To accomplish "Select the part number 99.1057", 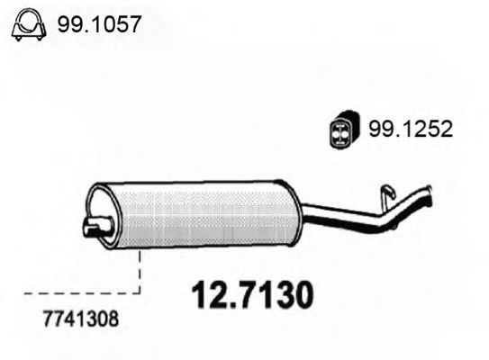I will [x=98, y=24].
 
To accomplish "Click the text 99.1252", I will [x=409, y=129].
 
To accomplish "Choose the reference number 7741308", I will [x=79, y=319].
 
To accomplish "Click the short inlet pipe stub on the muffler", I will [x=92, y=228].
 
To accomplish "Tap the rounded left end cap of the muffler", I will [x=101, y=214].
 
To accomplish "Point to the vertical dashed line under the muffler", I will [x=140, y=270].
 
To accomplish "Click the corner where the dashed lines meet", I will [x=140, y=292].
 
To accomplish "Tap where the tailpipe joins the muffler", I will [x=303, y=213].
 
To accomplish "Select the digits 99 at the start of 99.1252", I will [x=378, y=129].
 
